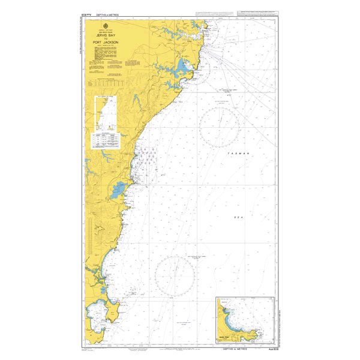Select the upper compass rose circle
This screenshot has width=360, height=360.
tap(220, 127)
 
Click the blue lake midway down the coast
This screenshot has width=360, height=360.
tap(118, 190)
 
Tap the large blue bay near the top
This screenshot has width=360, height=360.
tap(182, 65)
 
